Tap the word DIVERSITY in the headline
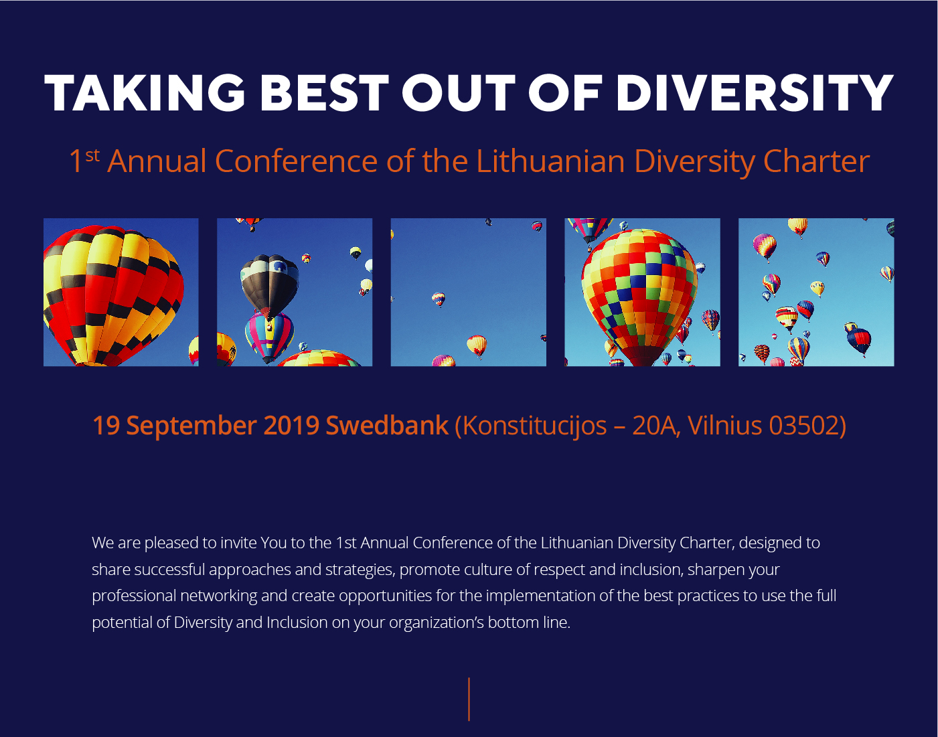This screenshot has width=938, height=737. [x=754, y=93]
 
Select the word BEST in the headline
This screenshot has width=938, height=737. [x=324, y=93]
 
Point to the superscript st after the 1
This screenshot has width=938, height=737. [x=92, y=155]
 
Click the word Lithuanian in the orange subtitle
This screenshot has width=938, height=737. [x=550, y=161]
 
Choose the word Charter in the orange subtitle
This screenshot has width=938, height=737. [x=816, y=161]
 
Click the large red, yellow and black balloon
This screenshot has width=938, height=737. [x=113, y=296]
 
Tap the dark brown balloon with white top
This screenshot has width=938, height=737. [x=269, y=284]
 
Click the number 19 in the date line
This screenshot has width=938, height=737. [x=106, y=426]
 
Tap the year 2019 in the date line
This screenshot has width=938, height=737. [x=291, y=426]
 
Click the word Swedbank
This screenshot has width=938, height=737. [x=387, y=426]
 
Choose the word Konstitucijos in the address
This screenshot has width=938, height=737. [x=530, y=426]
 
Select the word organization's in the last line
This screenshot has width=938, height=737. [x=436, y=623]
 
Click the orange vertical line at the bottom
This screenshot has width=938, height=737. [x=469, y=700]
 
